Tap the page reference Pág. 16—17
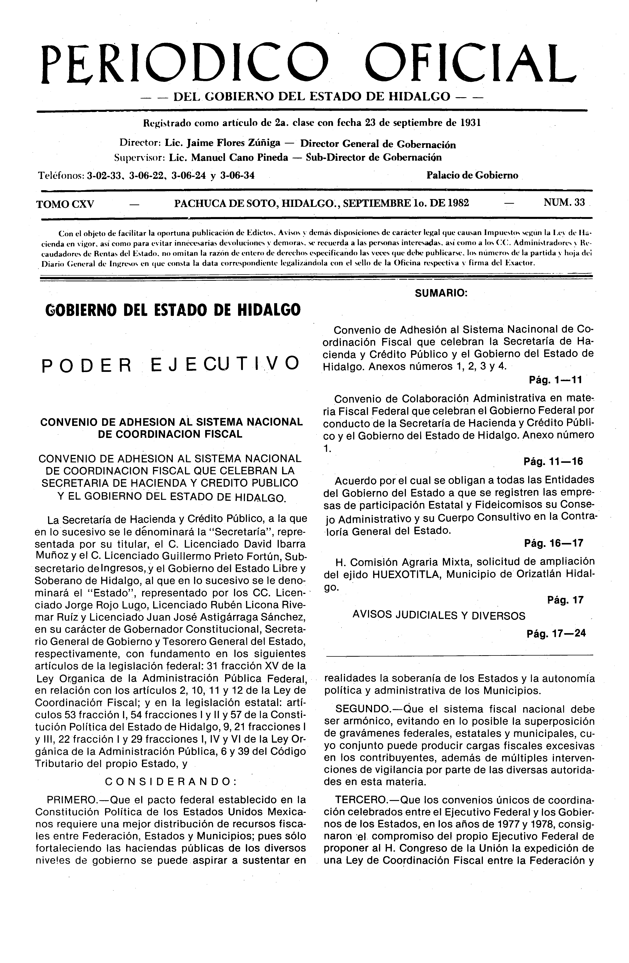point(553,543)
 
